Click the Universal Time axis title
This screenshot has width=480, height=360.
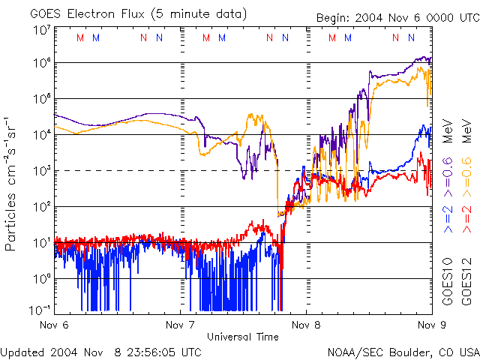(242, 337)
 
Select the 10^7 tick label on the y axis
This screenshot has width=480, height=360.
(40, 30)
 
